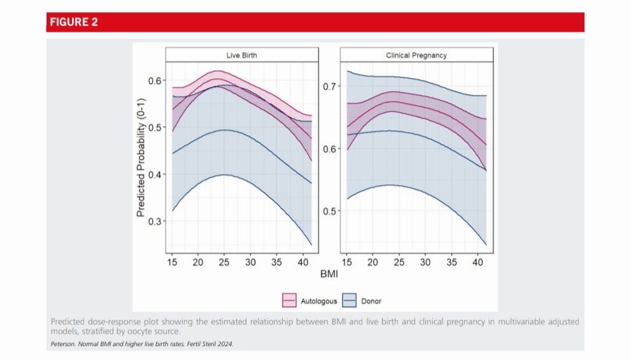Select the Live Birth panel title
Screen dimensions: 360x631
pos(242,55)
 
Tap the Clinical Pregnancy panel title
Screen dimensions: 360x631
pos(416,55)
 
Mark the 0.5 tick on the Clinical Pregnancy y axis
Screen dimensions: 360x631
pos(330,211)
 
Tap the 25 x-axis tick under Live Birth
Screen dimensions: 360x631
pos(224,263)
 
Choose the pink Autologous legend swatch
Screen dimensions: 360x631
pos(289,299)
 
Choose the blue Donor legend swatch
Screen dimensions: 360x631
pos(349,299)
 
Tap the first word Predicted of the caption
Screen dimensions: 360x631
pos(67,322)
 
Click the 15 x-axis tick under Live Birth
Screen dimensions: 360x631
pos(172,263)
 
